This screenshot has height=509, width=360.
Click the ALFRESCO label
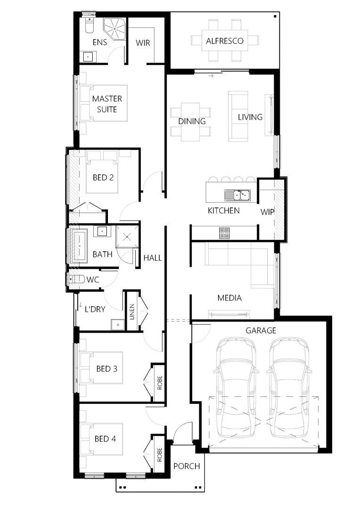(x=225, y=41)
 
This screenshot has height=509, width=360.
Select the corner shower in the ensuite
(x=114, y=29)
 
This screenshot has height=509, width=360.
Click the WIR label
(x=143, y=43)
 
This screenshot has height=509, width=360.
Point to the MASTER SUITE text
(x=107, y=104)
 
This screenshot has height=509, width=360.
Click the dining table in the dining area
(x=190, y=122)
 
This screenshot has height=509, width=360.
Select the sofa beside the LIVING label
(x=234, y=116)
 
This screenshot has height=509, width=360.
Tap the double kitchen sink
(x=237, y=196)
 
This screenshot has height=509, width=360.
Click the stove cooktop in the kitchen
(x=224, y=233)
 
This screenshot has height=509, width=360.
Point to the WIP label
(x=267, y=212)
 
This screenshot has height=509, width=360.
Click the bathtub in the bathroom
(x=79, y=246)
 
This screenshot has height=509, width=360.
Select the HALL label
(x=153, y=258)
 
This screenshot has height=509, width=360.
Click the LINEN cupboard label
(x=132, y=312)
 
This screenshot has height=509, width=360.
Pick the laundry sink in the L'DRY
(x=117, y=324)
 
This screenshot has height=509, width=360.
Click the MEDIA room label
(x=229, y=298)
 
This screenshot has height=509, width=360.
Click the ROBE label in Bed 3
(x=159, y=383)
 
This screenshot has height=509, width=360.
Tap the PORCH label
(x=187, y=466)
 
